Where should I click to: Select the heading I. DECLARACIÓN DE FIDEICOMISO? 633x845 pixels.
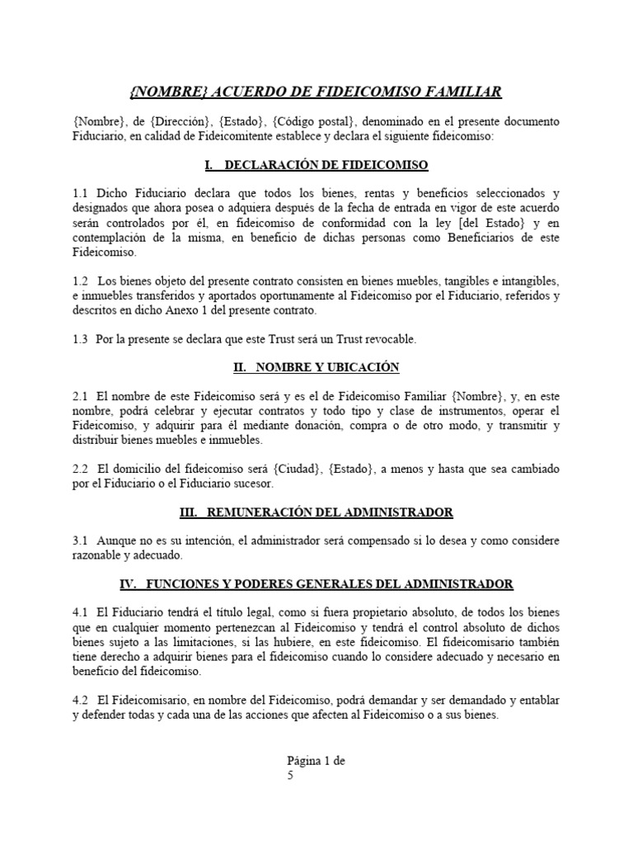click(x=316, y=165)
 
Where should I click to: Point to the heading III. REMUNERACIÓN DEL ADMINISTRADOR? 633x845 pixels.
click(x=316, y=512)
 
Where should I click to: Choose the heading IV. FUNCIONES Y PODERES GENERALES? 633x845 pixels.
click(x=316, y=583)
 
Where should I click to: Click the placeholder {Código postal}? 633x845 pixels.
click(x=309, y=121)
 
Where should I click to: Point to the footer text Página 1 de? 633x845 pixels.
click(x=316, y=762)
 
